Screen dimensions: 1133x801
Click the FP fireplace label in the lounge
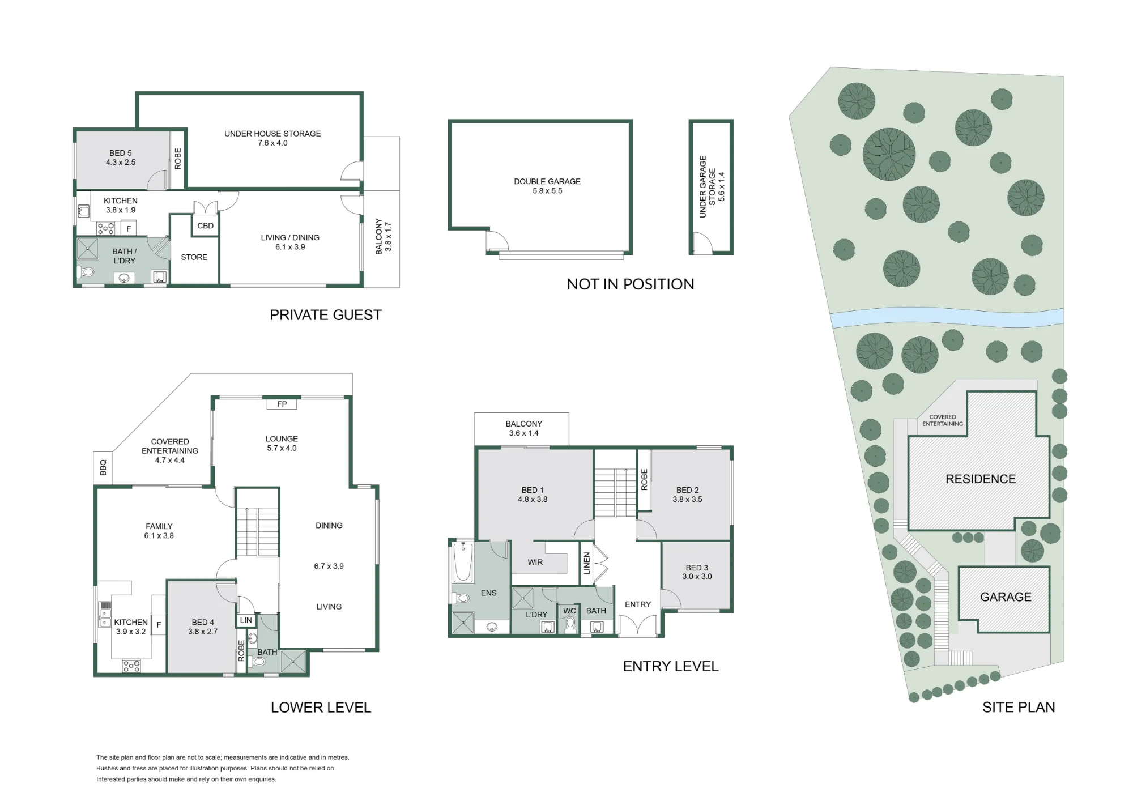point(282,404)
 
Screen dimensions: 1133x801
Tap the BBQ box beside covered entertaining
point(103,468)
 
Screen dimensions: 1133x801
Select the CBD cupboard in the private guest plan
point(205,225)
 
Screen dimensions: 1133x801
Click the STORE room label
point(194,257)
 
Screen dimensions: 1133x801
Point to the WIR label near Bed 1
point(535,562)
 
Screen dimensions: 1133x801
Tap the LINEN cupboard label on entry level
point(587,564)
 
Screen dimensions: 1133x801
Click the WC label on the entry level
point(569,611)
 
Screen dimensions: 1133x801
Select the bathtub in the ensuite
point(463,562)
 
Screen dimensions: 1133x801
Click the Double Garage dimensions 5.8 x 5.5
point(547,191)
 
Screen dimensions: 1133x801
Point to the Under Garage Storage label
point(708,187)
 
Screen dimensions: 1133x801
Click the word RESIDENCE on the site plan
point(981,479)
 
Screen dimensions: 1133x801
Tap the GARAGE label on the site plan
point(1006,597)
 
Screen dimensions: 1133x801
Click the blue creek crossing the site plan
point(947,318)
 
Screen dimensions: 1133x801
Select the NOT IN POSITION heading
point(631,284)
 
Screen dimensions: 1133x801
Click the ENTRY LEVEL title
point(671,666)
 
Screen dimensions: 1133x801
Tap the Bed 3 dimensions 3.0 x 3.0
point(697,577)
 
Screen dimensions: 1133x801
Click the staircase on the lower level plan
point(258,531)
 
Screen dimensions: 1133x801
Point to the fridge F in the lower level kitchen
point(159,625)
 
